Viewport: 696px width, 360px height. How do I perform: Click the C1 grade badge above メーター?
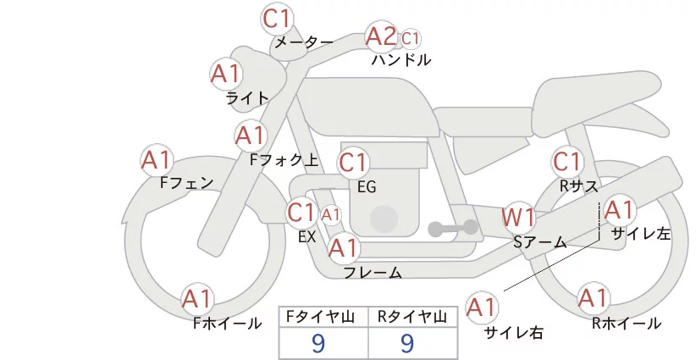pyautogui.click(x=277, y=18)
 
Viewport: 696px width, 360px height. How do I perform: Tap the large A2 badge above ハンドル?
pyautogui.click(x=381, y=36)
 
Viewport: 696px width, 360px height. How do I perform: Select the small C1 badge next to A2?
pyautogui.click(x=411, y=38)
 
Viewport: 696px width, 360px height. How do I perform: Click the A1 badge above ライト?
pyautogui.click(x=225, y=74)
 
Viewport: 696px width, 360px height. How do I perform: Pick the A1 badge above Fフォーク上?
pyautogui.click(x=251, y=135)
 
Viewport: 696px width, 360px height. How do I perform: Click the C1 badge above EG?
pyautogui.click(x=354, y=162)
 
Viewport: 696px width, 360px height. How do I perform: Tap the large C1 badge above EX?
pyautogui.click(x=301, y=212)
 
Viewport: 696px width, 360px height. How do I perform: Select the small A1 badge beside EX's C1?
pyautogui.click(x=330, y=214)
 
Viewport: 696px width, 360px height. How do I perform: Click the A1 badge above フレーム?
pyautogui.click(x=344, y=248)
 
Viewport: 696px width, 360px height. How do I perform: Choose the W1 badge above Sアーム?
pyautogui.click(x=517, y=216)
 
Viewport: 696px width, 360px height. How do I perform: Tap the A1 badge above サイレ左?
pyautogui.click(x=619, y=209)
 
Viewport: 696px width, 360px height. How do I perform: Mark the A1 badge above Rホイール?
pyautogui.click(x=593, y=298)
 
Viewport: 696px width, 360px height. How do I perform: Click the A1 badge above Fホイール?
pyautogui.click(x=198, y=299)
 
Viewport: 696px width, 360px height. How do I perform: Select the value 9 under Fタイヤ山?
pyautogui.click(x=318, y=343)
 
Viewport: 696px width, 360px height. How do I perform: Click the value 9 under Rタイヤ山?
pyautogui.click(x=407, y=343)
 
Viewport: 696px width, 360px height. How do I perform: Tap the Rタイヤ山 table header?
pyautogui.click(x=412, y=317)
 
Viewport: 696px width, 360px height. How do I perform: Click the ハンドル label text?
pyautogui.click(x=401, y=60)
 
